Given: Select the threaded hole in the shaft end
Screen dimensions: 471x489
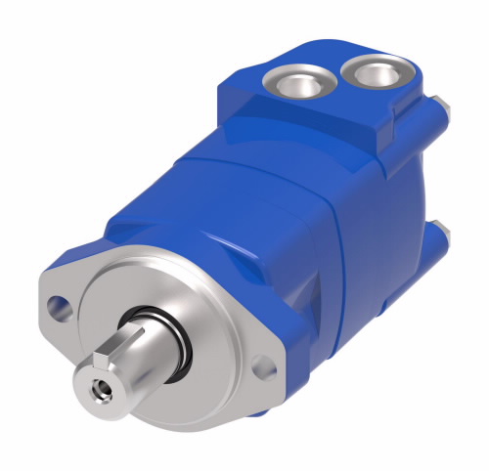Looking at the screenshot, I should [x=100, y=390].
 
